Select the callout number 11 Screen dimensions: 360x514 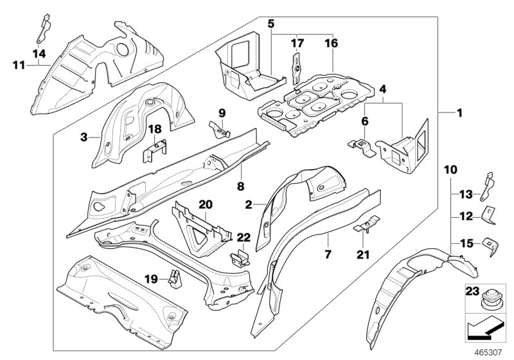[x=19, y=64]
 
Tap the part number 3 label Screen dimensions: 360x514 [x=84, y=136]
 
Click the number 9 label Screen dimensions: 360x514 [x=222, y=113]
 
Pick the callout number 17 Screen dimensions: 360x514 [x=296, y=44]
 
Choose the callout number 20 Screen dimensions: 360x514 [x=204, y=204]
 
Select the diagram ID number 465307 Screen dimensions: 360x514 [x=490, y=352]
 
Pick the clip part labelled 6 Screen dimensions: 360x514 [x=362, y=145]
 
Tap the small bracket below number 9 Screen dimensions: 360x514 [x=218, y=130]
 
